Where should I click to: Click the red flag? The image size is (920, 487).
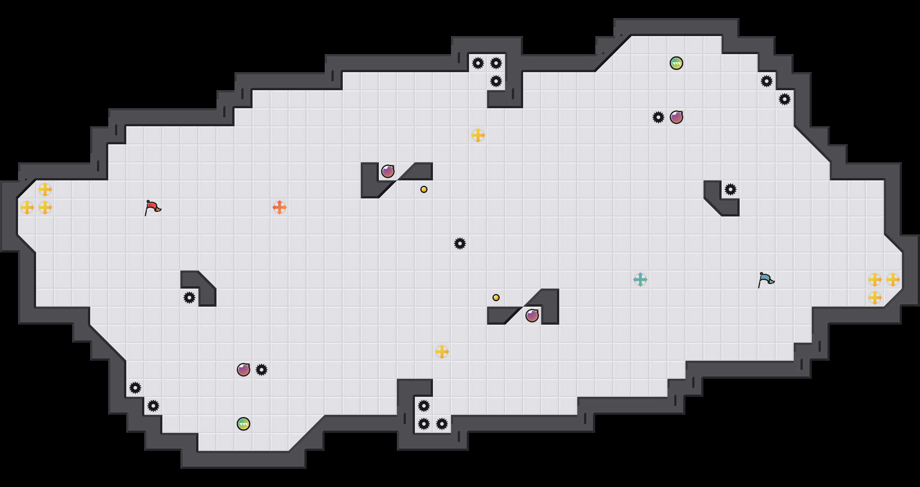click(152, 207)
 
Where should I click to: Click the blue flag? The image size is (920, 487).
click(766, 280)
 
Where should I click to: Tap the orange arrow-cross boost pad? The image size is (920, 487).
click(280, 207)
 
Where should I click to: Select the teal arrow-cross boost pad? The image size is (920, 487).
click(640, 280)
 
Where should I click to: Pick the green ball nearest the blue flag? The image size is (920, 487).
click(676, 63)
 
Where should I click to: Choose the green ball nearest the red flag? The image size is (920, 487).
click(244, 424)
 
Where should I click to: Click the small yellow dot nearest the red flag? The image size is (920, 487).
click(424, 189)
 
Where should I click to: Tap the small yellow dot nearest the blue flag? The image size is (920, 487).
click(496, 298)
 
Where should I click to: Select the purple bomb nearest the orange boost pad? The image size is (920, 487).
click(388, 171)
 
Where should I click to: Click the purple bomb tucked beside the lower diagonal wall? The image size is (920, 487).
click(532, 316)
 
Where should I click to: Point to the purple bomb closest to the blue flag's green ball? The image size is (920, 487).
click(676, 117)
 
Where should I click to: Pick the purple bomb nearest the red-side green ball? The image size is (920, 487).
click(244, 370)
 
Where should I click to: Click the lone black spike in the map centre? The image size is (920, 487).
click(460, 243)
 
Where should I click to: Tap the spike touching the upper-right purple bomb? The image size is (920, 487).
click(658, 117)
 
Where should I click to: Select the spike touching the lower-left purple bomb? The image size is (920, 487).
click(262, 370)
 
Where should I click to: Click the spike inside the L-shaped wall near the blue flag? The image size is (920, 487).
click(731, 189)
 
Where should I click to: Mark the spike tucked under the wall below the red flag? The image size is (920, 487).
click(189, 298)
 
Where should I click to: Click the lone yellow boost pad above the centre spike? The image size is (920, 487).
click(478, 135)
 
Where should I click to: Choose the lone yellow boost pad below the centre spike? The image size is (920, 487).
click(442, 352)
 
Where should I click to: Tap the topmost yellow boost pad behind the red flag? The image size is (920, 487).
click(45, 189)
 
